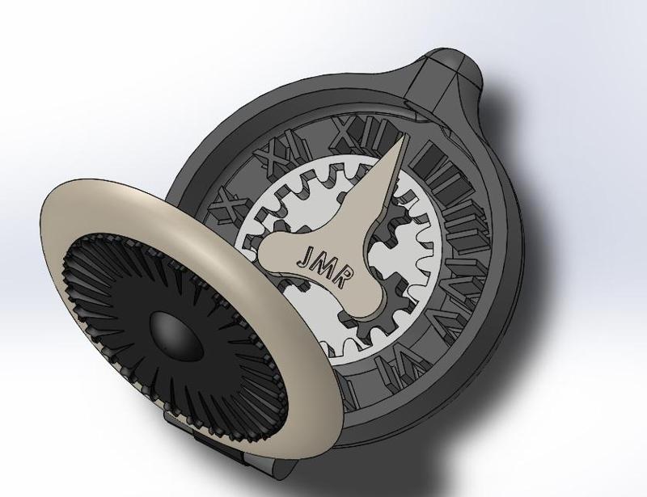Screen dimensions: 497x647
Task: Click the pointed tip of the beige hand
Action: (x=403, y=141)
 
